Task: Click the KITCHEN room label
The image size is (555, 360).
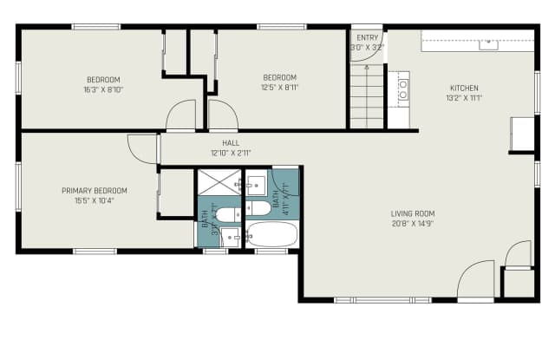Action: pyautogui.click(x=463, y=88)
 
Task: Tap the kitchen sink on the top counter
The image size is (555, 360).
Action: pyautogui.click(x=488, y=43)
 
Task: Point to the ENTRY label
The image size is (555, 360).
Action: pyautogui.click(x=368, y=38)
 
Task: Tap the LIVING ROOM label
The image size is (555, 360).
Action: pyautogui.click(x=413, y=213)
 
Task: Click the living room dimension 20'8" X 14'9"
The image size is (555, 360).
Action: pyautogui.click(x=413, y=224)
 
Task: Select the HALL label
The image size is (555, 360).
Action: pyautogui.click(x=231, y=143)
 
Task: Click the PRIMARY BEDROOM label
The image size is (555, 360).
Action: pyautogui.click(x=94, y=191)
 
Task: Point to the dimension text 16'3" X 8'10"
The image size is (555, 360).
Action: pyautogui.click(x=104, y=88)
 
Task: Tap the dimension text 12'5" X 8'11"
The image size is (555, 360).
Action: pyautogui.click(x=279, y=88)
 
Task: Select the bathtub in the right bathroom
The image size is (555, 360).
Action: pyautogui.click(x=271, y=235)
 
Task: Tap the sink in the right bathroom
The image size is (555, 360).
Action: pyautogui.click(x=257, y=183)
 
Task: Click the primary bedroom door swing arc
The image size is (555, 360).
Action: pyautogui.click(x=141, y=148)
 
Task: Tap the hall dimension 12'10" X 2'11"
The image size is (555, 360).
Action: pyautogui.click(x=231, y=153)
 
